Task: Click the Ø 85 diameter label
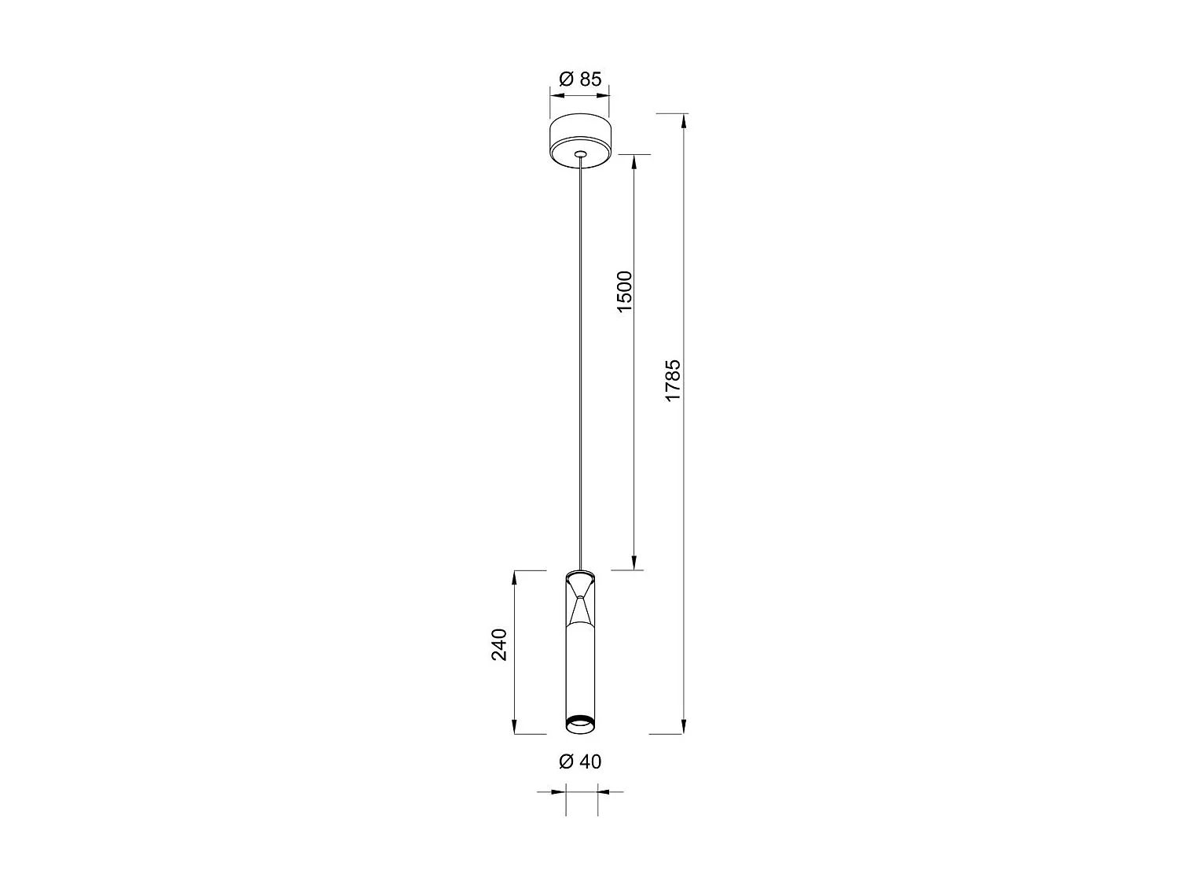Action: (580, 79)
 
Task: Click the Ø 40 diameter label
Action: (580, 761)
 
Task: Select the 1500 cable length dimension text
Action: (624, 292)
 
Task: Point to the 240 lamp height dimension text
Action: (500, 644)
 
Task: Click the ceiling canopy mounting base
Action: (580, 142)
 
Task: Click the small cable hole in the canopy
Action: (580, 154)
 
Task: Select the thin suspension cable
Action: (580, 354)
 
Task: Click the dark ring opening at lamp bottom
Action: (580, 720)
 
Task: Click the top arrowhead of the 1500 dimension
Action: (634, 160)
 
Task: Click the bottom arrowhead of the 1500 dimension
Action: (634, 562)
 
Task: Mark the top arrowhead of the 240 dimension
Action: (514, 577)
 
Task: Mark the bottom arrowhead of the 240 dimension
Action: (514, 727)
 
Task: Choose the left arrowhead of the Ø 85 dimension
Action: (556, 96)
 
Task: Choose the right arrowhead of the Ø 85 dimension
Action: (604, 96)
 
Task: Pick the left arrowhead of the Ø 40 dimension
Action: (560, 791)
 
